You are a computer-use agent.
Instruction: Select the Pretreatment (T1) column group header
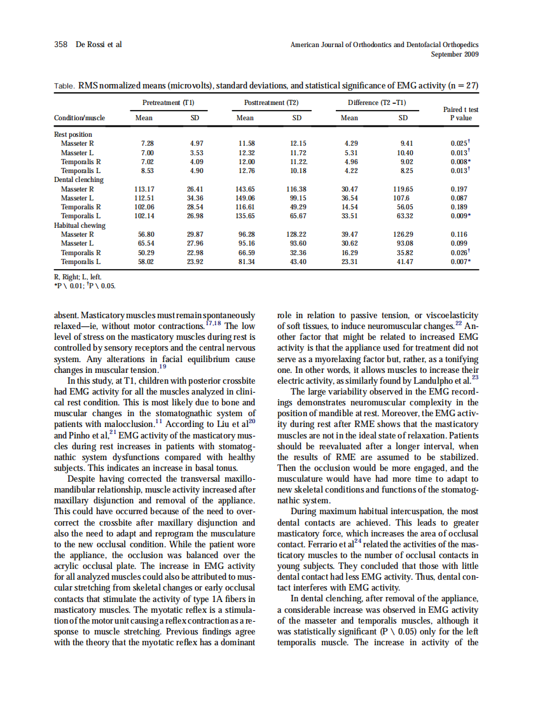[168, 102]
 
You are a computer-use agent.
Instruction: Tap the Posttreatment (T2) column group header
[271, 102]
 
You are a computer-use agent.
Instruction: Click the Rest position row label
[73, 134]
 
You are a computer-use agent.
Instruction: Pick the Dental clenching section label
[78, 180]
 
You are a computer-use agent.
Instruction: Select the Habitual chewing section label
[80, 225]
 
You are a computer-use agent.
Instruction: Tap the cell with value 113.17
[144, 189]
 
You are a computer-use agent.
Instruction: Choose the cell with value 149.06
[245, 198]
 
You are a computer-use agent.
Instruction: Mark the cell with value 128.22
[296, 234]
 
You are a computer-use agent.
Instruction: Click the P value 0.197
[459, 189]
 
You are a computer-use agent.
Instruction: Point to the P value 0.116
[459, 234]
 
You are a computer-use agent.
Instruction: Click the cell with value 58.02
[144, 262]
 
